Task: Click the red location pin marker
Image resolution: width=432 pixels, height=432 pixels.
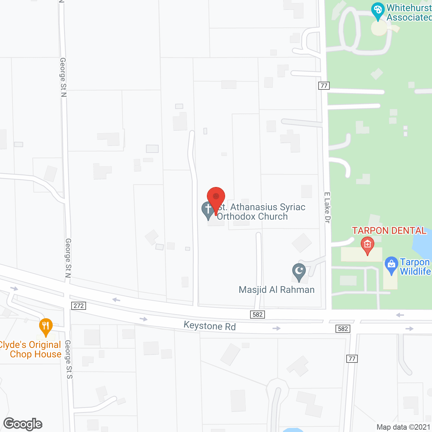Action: [216, 197]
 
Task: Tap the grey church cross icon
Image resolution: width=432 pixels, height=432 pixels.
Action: [208, 209]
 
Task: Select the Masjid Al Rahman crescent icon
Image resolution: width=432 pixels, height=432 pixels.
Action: [299, 271]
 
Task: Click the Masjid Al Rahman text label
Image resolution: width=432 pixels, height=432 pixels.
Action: [276, 290]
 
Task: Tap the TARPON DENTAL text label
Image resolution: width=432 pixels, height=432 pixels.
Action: [389, 231]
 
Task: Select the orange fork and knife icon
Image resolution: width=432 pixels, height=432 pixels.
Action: [46, 326]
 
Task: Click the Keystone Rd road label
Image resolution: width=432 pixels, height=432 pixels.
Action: [210, 326]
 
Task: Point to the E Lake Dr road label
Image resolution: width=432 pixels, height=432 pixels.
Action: [327, 208]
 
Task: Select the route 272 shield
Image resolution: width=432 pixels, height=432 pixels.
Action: [79, 306]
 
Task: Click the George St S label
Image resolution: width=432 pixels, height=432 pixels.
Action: [69, 359]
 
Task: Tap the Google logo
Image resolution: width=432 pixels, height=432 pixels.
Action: [23, 424]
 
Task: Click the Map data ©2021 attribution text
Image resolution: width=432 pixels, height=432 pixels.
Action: [403, 427]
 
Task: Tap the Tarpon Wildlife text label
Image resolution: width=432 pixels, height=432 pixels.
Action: [415, 267]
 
